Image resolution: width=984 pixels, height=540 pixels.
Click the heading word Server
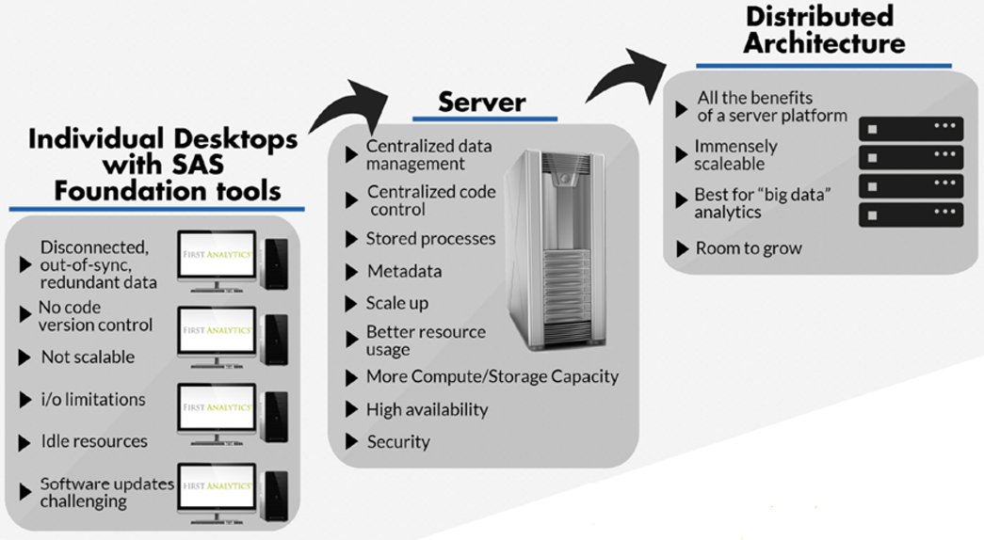(x=482, y=101)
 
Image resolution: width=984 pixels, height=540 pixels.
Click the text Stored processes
(x=430, y=239)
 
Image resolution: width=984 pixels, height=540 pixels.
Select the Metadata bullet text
(x=404, y=272)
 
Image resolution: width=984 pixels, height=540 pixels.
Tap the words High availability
(x=427, y=409)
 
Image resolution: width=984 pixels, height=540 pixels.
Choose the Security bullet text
(x=398, y=441)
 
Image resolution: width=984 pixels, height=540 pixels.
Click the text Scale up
(x=396, y=304)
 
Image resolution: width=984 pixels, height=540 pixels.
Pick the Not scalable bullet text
(x=88, y=357)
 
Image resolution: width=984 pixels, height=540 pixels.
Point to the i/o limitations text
(x=93, y=400)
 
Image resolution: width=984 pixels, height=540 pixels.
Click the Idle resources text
(x=94, y=441)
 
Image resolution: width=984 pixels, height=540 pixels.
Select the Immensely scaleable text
(x=735, y=155)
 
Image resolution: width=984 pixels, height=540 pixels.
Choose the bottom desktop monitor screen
(x=217, y=487)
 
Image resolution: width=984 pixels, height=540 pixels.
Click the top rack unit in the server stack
(x=911, y=128)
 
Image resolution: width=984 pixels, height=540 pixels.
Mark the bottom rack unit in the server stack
(x=911, y=214)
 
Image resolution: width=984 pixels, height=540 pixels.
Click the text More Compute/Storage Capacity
(x=492, y=377)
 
